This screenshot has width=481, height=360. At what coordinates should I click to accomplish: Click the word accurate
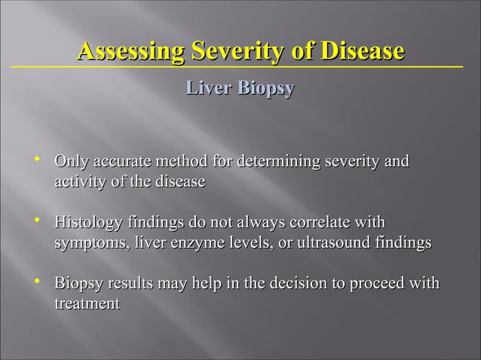tap(119, 162)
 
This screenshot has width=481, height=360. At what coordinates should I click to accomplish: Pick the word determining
tap(280, 162)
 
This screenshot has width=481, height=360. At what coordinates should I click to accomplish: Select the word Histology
tap(85, 224)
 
